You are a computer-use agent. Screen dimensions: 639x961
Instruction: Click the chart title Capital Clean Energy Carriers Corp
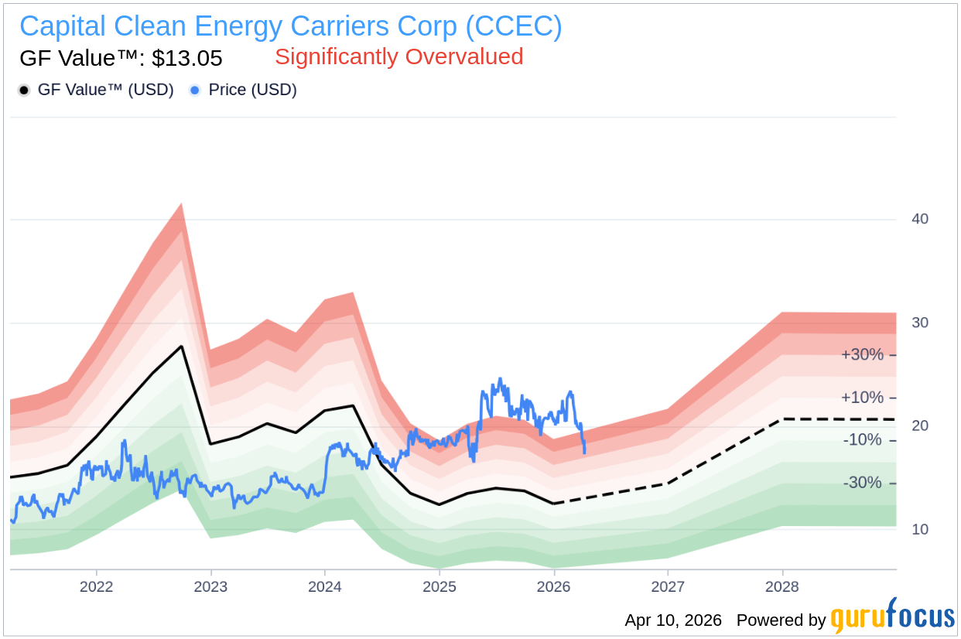point(290,27)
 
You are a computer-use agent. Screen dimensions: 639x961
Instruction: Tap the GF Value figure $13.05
point(187,58)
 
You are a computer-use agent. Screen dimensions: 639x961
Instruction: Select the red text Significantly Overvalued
point(398,56)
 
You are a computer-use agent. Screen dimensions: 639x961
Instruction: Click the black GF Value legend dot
point(24,91)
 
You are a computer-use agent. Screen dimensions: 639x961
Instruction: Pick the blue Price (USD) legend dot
point(195,91)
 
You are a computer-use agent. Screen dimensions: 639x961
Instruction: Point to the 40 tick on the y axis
point(920,219)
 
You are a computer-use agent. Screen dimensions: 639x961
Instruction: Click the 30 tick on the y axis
point(920,323)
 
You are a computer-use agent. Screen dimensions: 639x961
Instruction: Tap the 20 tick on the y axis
point(920,426)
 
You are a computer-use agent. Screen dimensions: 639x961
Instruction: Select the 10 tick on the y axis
point(920,529)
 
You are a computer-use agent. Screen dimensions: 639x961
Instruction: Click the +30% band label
point(861,355)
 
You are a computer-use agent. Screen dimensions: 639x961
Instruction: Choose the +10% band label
point(861,398)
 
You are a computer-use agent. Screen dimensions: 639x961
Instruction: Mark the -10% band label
point(863,440)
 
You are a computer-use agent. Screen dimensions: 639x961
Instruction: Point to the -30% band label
point(863,483)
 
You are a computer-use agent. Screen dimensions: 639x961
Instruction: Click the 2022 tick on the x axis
point(97,586)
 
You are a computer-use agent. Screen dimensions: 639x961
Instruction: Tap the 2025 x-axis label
point(439,586)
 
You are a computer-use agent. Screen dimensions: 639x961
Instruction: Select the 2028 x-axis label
point(782,586)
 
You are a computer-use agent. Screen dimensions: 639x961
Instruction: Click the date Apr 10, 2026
point(672,620)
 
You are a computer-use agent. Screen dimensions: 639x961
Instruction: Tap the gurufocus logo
point(892,617)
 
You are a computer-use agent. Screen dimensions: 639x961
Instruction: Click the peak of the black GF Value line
point(182,346)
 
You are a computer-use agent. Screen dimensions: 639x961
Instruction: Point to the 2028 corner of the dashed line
point(782,419)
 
